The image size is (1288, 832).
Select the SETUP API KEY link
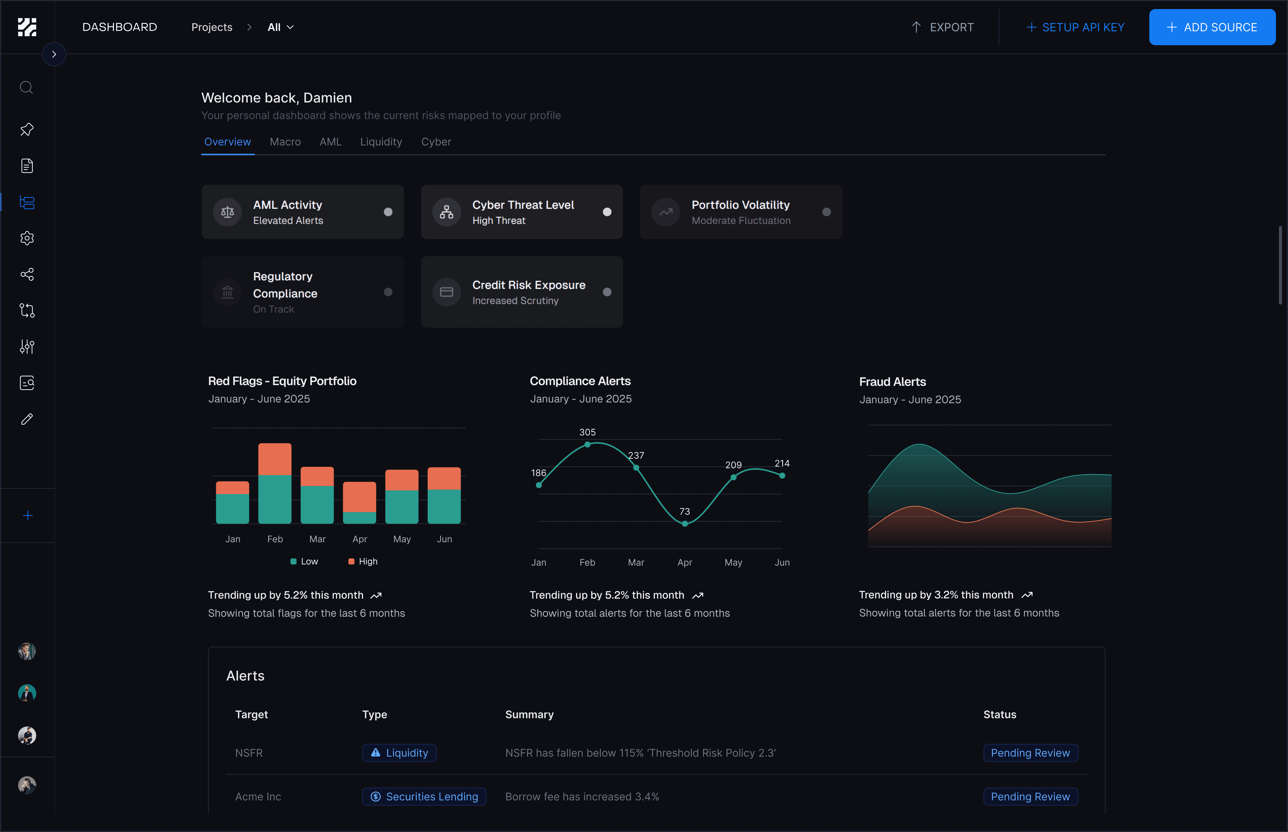pyautogui.click(x=1075, y=27)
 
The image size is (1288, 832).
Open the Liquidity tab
pyautogui.click(x=381, y=141)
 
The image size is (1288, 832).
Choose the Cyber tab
pyautogui.click(x=436, y=141)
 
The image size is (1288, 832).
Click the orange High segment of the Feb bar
pyautogui.click(x=275, y=459)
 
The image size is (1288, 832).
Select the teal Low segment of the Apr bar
pyautogui.click(x=359, y=518)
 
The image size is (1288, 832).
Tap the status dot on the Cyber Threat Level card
pyautogui.click(x=607, y=212)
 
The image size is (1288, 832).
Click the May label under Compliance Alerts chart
pyautogui.click(x=733, y=562)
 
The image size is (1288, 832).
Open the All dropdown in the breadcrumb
pyautogui.click(x=280, y=27)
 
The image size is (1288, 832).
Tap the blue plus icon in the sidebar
pyautogui.click(x=28, y=515)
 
